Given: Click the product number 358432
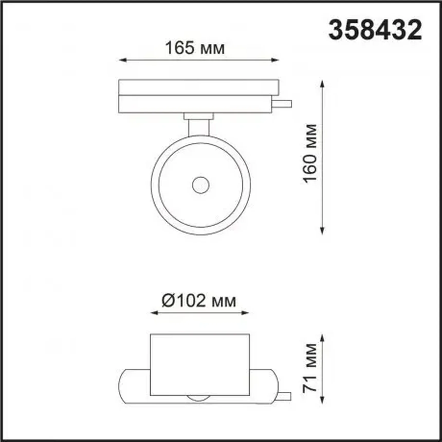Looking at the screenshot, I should tap(375, 30).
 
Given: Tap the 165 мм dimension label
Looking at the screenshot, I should tap(195, 48).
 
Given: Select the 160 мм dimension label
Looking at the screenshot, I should tap(310, 154).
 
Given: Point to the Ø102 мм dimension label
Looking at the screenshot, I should tap(199, 301).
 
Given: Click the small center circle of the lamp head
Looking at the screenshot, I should tap(201, 185).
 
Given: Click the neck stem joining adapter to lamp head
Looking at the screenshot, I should tap(199, 127).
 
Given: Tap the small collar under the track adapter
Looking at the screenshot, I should tap(199, 116).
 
